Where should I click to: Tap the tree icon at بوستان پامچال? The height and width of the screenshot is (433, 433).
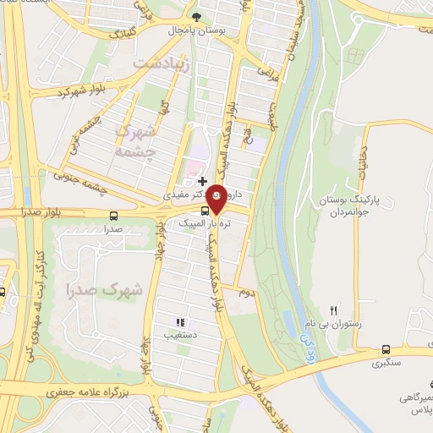coord(197,16)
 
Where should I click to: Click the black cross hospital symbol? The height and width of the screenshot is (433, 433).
coord(202,180)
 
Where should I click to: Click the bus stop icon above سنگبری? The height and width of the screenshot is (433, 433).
coord(386,349)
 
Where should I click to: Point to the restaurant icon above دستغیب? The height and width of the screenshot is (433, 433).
coord(178,322)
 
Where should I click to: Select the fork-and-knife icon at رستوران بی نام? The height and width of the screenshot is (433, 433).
coord(333,310)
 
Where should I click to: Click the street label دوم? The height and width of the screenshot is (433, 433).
coord(246,291)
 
